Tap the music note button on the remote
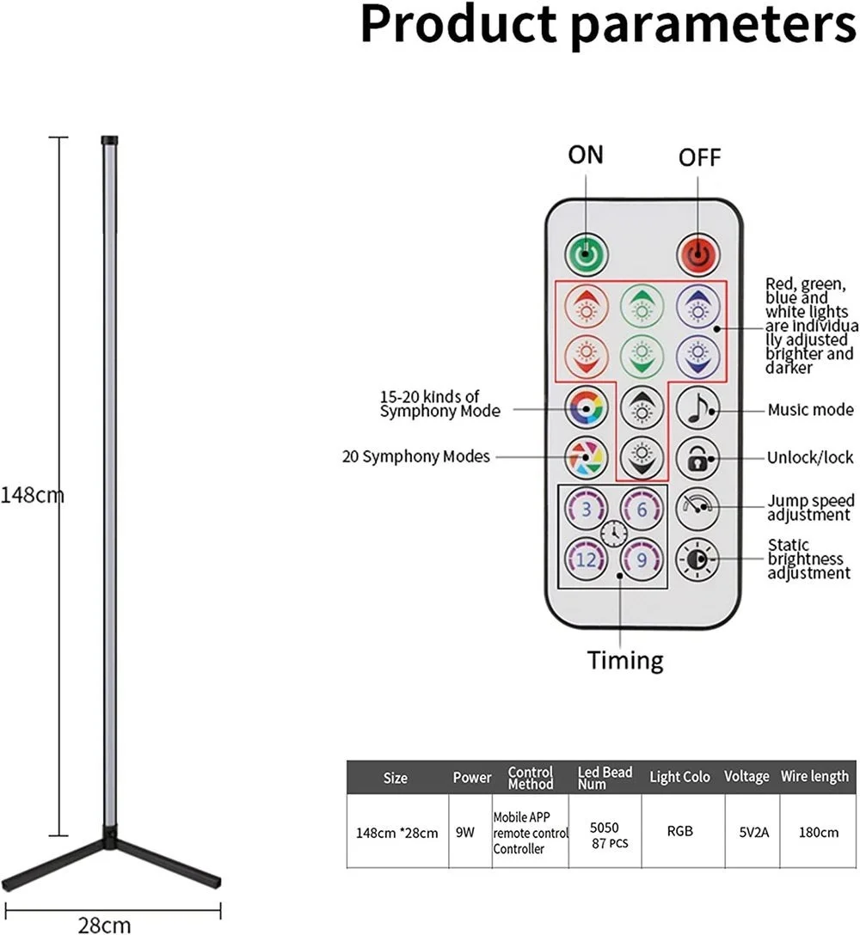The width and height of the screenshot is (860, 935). [x=697, y=409]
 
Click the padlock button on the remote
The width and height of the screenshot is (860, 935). [x=697, y=458]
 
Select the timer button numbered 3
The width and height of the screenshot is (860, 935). [x=587, y=509]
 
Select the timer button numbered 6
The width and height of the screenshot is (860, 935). [x=642, y=509]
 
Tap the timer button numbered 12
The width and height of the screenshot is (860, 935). [x=587, y=560]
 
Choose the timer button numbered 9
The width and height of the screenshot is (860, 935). [x=642, y=560]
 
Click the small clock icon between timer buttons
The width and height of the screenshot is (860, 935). [x=614, y=534]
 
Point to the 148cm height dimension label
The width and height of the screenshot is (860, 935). [x=32, y=495]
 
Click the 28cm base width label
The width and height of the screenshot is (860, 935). [x=105, y=925]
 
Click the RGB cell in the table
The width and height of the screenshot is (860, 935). [x=680, y=831]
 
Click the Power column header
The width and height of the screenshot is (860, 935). [x=472, y=778]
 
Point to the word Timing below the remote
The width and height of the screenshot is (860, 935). [x=625, y=661]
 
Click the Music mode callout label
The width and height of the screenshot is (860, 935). [x=810, y=410]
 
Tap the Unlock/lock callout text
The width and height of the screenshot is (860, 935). [x=809, y=458]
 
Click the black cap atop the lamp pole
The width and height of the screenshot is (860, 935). [x=110, y=139]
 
